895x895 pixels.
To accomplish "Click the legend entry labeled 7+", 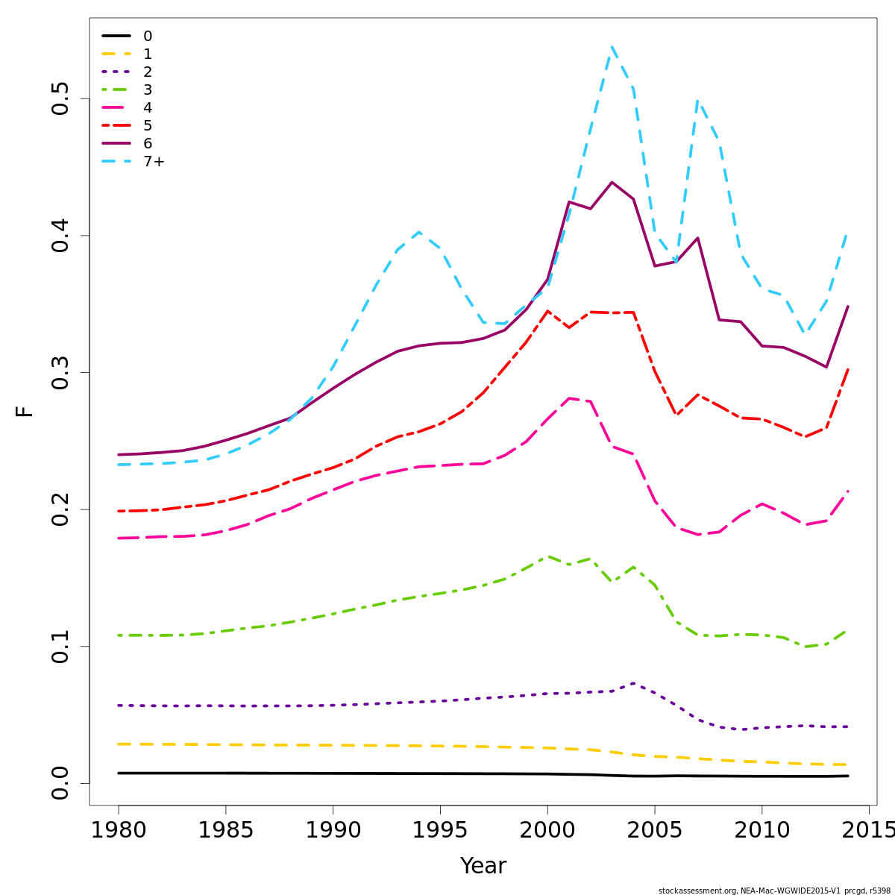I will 154,162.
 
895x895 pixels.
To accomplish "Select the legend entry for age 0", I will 148,37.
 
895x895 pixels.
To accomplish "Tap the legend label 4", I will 148,108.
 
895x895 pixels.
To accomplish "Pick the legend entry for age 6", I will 148,144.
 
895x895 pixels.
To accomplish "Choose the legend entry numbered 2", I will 148,72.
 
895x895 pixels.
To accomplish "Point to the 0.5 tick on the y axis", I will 60,98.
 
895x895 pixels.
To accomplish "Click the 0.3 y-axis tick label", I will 60,372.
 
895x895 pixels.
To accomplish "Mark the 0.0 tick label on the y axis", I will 60,783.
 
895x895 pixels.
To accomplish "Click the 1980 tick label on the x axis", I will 119,830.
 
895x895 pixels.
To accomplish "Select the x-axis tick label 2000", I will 547,830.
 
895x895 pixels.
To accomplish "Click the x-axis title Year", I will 483,866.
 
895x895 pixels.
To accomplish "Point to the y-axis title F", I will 25,411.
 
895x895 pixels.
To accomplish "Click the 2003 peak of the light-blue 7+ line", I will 612,46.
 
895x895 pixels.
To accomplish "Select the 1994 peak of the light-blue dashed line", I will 419,232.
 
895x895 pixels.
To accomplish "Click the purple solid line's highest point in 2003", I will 612,182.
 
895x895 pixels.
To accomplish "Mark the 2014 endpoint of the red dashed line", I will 848,368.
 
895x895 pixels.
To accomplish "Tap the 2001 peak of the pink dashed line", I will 569,398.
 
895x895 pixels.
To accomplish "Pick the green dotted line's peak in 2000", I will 547,556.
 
